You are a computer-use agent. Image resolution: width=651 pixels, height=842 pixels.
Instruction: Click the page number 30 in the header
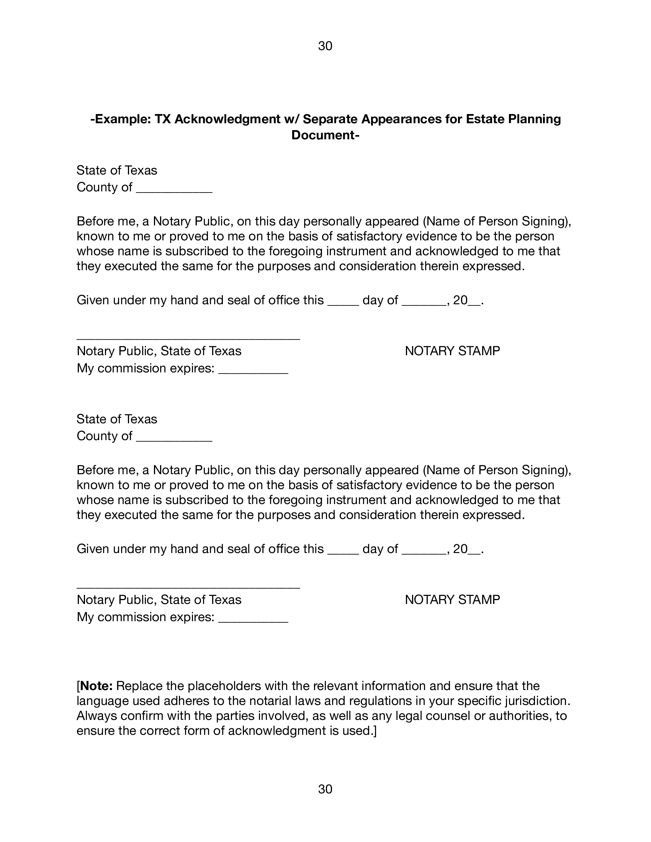pos(325,46)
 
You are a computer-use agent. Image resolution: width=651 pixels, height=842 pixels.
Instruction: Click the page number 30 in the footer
pos(325,789)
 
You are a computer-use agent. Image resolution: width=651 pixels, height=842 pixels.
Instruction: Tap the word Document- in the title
pos(325,135)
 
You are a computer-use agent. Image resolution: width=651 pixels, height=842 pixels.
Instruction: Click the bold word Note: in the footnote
pos(96,686)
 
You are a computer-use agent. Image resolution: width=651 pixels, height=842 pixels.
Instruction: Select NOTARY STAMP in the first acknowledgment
pos(452,351)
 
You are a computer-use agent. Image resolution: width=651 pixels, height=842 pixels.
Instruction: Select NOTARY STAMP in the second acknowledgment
pos(452,599)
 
